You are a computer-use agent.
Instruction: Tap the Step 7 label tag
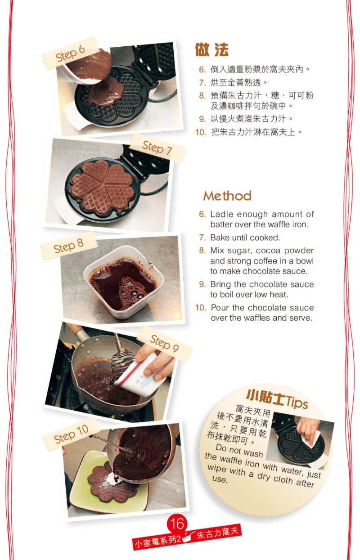(x=157, y=148)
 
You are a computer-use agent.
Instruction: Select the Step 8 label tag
(x=68, y=246)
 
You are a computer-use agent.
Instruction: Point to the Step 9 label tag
(x=164, y=343)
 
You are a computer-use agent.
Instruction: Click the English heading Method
(x=227, y=196)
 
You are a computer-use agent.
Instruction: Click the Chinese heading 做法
(x=211, y=50)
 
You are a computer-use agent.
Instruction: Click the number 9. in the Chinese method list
(x=202, y=119)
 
